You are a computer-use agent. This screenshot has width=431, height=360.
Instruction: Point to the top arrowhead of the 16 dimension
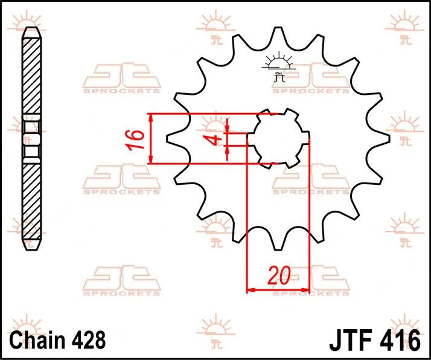[x=151, y=117]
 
